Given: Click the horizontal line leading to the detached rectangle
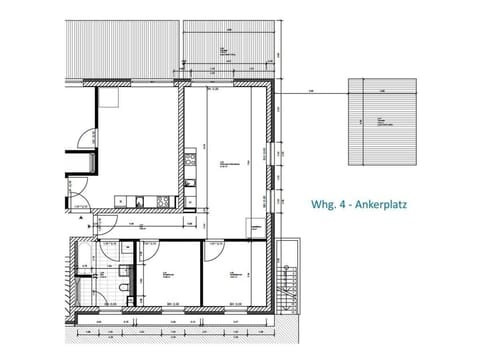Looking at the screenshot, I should [310, 92].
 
